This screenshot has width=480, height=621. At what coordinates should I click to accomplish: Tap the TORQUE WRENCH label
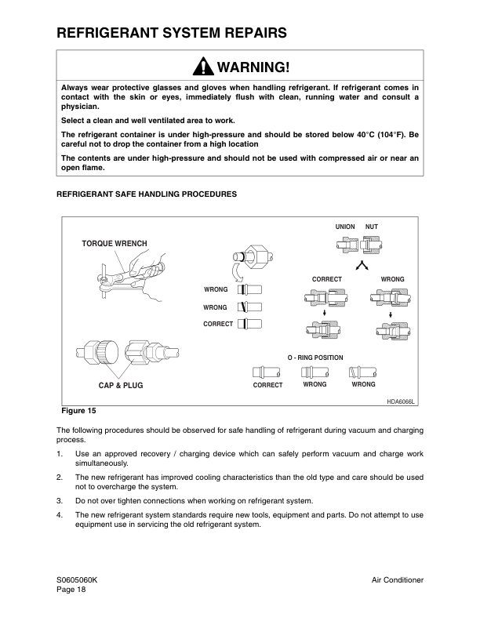[115, 244]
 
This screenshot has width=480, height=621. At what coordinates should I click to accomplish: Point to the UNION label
[345, 227]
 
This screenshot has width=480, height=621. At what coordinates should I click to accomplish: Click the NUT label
[372, 227]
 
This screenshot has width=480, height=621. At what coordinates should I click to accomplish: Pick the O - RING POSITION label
[315, 358]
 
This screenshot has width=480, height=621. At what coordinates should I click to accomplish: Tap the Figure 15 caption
[79, 410]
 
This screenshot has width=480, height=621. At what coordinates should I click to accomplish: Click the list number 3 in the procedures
[60, 500]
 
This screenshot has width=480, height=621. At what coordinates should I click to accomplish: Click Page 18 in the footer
[71, 590]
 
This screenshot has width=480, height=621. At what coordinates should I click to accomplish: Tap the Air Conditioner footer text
[398, 579]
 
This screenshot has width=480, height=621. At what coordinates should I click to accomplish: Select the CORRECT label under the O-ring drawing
[267, 386]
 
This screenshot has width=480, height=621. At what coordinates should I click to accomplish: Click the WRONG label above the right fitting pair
[392, 279]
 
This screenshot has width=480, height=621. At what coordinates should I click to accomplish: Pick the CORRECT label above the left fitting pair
[326, 279]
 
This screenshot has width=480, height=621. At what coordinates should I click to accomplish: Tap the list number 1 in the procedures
[60, 454]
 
